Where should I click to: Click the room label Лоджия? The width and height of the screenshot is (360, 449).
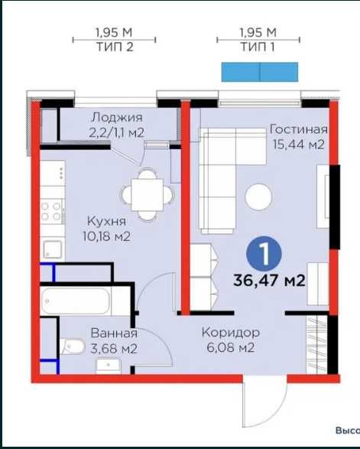point(116,117)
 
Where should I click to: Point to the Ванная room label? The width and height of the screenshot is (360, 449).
point(113,333)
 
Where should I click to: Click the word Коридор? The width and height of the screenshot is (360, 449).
point(231,333)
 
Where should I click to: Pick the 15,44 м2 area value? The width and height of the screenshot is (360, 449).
point(298,144)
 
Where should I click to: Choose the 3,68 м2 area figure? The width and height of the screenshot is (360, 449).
point(113,349)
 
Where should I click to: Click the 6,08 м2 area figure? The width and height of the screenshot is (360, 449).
point(231,349)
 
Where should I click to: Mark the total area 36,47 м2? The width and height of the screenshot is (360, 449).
point(268,281)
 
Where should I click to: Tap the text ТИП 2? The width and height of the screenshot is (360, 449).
point(115,47)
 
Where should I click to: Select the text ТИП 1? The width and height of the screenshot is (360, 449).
point(257,47)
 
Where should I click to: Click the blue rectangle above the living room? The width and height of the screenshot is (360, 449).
point(259,72)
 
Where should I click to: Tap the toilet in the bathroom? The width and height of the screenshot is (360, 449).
point(75,348)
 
